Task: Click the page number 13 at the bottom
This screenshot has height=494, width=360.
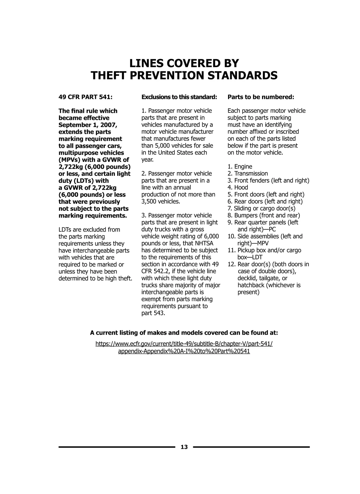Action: [x=184, y=447]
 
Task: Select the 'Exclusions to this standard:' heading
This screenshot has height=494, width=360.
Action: [x=179, y=97]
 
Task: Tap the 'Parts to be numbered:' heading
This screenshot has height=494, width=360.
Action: [x=261, y=97]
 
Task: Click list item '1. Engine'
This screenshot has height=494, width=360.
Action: [x=240, y=166]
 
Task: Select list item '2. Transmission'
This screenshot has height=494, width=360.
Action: [x=247, y=173]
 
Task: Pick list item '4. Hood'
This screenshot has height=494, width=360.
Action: [x=238, y=187]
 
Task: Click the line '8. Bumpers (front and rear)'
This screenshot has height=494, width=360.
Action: [x=263, y=215]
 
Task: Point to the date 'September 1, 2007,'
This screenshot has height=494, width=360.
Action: [x=88, y=125]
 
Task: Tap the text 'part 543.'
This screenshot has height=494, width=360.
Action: [x=153, y=313]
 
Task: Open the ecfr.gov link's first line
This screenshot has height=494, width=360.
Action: [x=184, y=344]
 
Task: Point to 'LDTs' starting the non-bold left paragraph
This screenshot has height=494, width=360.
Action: [x=65, y=230]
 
